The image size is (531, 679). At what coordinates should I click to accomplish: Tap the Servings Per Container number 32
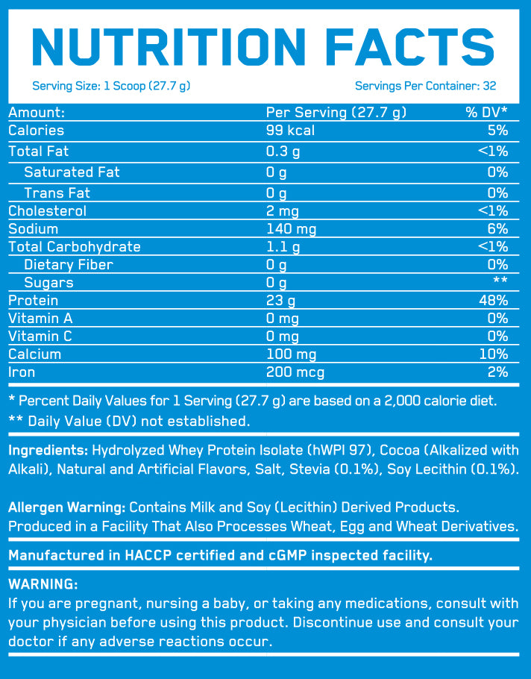point(489,86)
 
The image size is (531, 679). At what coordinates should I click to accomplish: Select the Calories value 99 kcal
point(291,131)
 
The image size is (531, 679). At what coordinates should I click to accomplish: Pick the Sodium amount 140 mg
point(293,229)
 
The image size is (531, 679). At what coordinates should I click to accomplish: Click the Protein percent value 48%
point(493,301)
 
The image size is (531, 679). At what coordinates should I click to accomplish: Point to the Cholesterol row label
point(47,211)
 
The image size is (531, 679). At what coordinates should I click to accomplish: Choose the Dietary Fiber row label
point(69,265)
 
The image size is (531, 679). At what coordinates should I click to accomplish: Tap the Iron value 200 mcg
point(295,372)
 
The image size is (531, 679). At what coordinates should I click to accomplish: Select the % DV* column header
point(486,113)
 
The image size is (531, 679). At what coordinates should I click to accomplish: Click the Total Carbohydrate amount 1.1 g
point(283,247)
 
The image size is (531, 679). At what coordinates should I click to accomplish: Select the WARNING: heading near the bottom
point(42,584)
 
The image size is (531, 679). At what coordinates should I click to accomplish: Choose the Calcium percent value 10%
point(494,354)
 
